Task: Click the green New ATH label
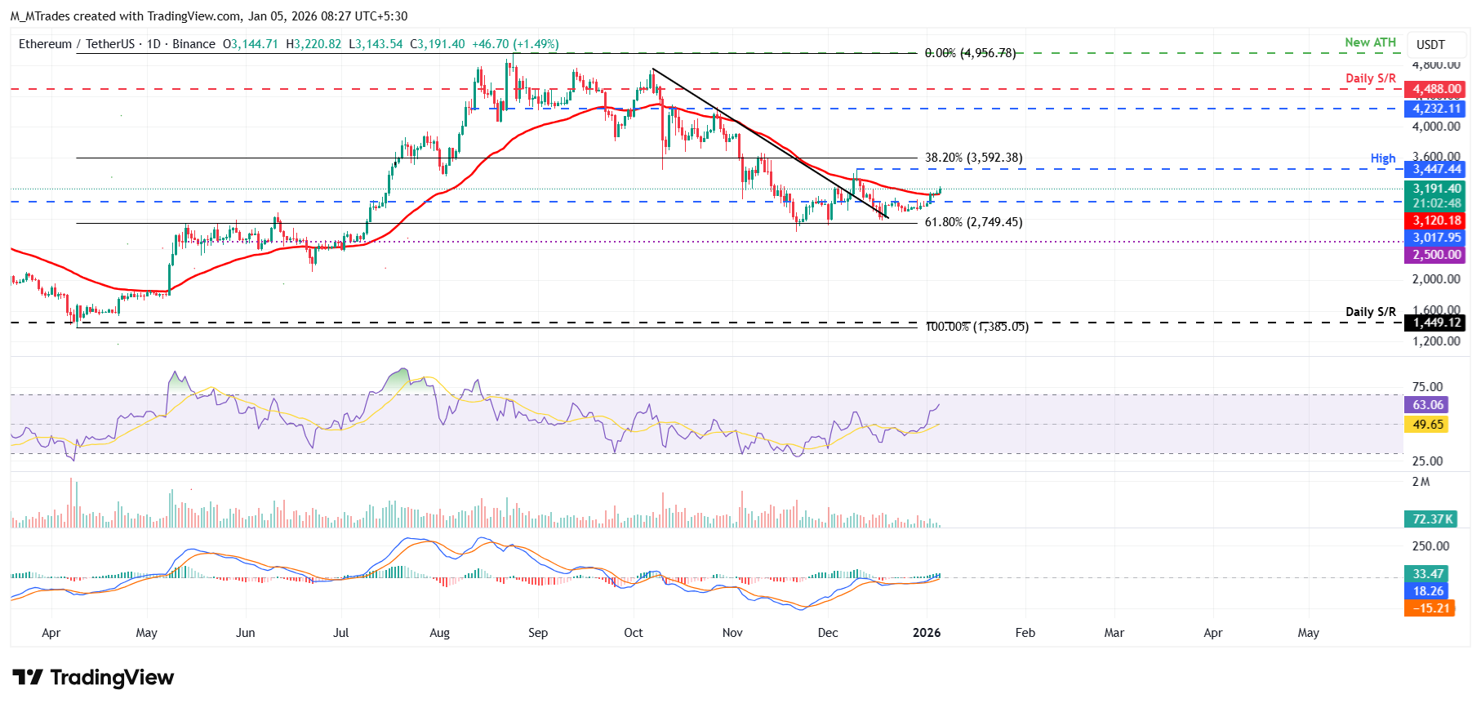[x=1370, y=42]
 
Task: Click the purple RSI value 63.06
[x=1427, y=405]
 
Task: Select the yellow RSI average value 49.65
[x=1427, y=425]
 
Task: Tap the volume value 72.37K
[x=1432, y=519]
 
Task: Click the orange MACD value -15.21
[x=1429, y=608]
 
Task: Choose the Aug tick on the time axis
[x=439, y=633]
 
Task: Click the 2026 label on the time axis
[x=927, y=633]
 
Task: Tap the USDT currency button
[x=1430, y=45]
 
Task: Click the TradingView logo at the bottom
[x=94, y=677]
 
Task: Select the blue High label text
[x=1382, y=158]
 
